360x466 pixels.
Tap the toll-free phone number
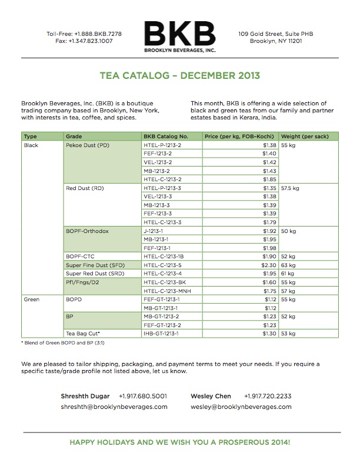[x=84, y=34]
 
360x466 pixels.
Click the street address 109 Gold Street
[x=275, y=34]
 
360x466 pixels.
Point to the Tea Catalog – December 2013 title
[x=180, y=76]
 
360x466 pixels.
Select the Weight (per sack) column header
[x=301, y=136]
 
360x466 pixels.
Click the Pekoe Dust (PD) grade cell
[x=88, y=144]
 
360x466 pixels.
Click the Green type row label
[x=32, y=299]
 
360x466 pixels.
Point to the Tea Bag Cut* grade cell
[x=84, y=334]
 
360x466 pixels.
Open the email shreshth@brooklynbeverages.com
[x=114, y=407]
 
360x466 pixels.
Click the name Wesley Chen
[x=211, y=396]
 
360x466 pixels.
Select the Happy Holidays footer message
[x=180, y=441]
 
